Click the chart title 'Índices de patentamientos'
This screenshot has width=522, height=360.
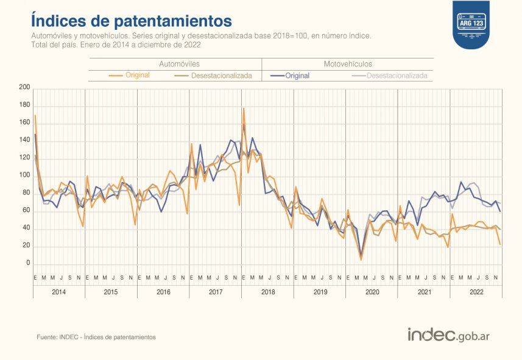pos(132,20)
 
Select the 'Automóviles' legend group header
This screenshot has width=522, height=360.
pos(179,64)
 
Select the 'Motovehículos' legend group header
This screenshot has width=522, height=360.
pos(347,64)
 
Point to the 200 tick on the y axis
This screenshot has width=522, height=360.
pos(24,88)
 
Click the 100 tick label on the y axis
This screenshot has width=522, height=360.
pos(24,175)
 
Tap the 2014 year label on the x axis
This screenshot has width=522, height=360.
pos(59,292)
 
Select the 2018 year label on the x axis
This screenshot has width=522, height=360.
pos(267,292)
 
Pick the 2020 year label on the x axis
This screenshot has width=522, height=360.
pos(372,292)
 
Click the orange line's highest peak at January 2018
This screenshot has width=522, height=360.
pos(244,108)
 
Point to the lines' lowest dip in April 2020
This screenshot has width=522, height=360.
pos(361,259)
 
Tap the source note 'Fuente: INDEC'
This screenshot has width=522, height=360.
pos(96,337)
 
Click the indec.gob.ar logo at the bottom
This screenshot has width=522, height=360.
pos(448,335)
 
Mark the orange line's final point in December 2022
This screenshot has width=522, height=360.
pos(500,244)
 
